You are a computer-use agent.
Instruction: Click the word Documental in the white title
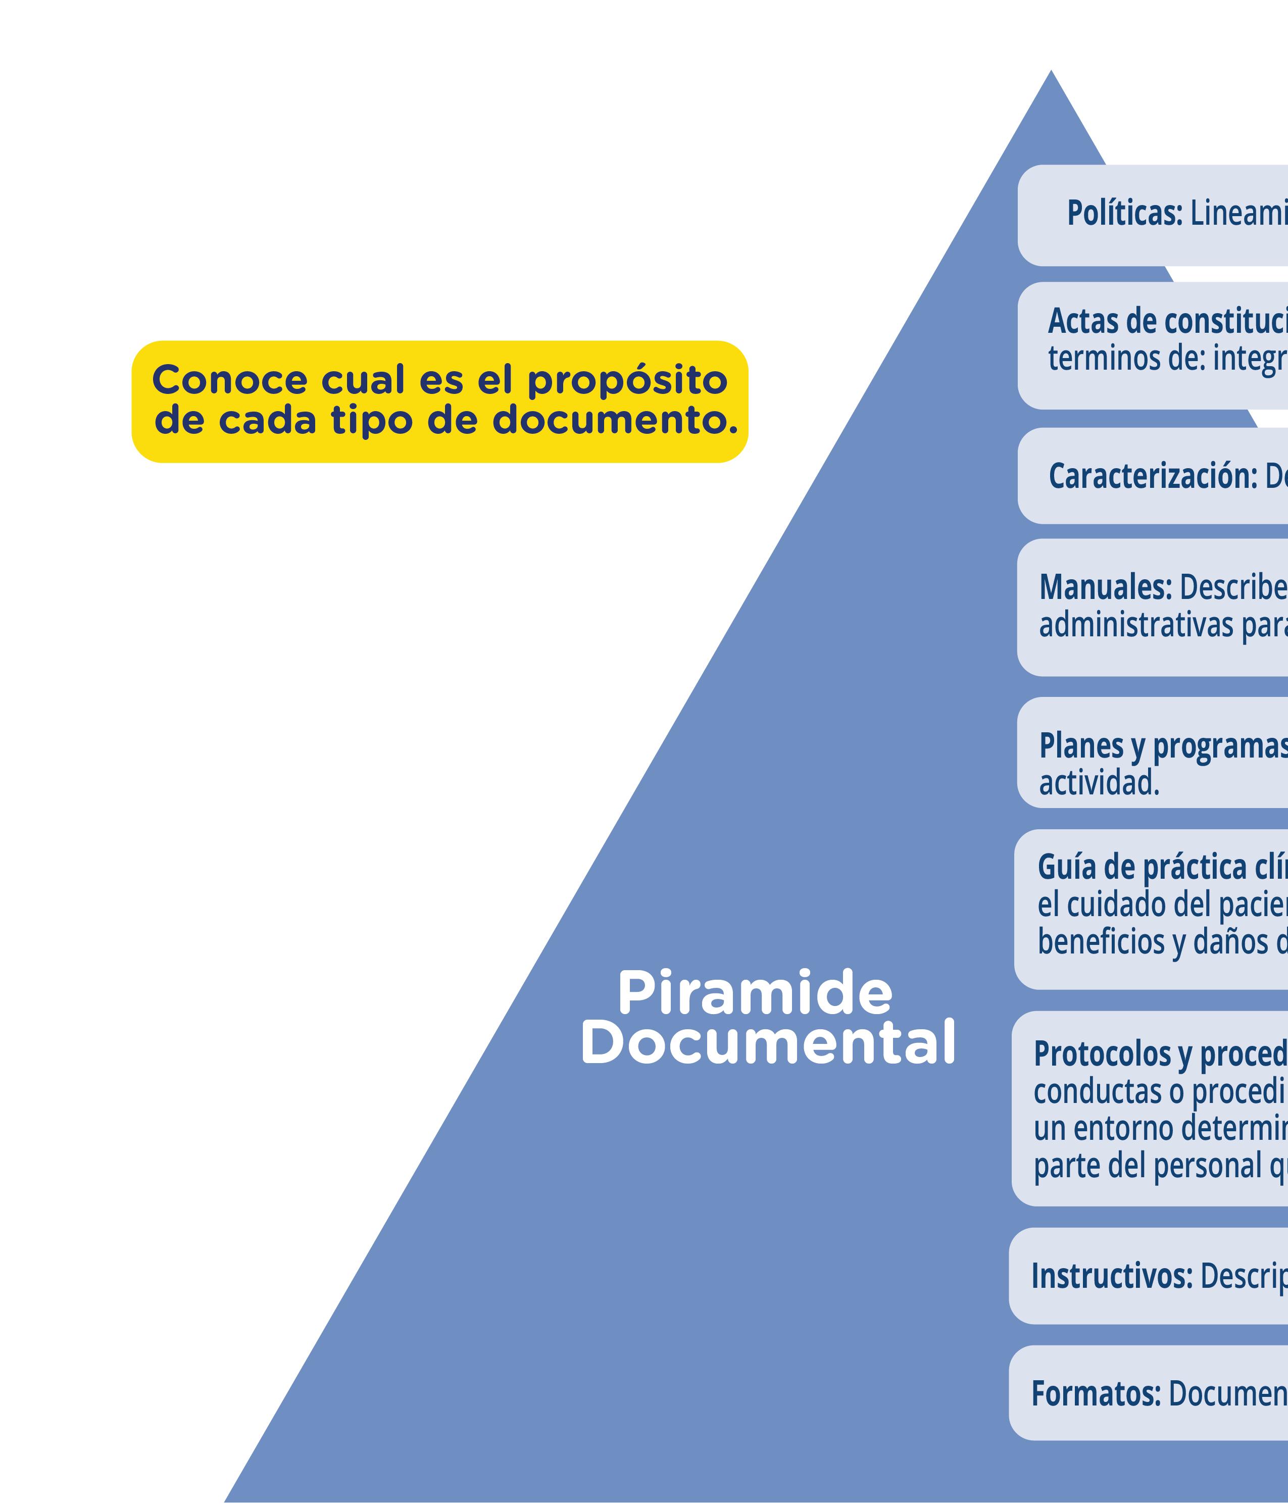pyautogui.click(x=767, y=1043)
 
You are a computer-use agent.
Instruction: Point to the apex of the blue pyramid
pyautogui.click(x=1050, y=73)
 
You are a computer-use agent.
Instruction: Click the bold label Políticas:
pyautogui.click(x=1124, y=213)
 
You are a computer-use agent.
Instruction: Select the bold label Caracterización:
pyautogui.click(x=1153, y=476)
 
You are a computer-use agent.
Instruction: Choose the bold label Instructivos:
pyautogui.click(x=1111, y=1276)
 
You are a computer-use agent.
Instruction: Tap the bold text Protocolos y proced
pyautogui.click(x=1160, y=1053)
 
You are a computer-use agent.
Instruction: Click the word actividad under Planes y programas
pyautogui.click(x=1098, y=783)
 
